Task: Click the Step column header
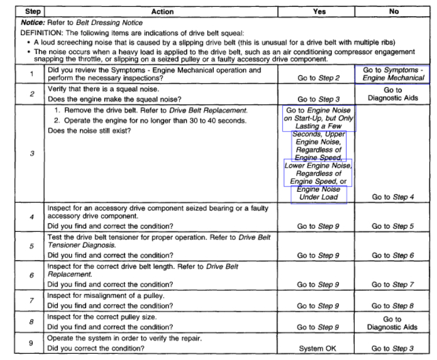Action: pos(32,11)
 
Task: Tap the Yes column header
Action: pos(318,11)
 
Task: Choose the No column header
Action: pos(393,11)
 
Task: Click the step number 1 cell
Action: pos(31,74)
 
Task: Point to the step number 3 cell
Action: pos(31,153)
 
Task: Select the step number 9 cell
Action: pos(31,344)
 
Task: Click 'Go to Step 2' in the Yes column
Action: pos(318,79)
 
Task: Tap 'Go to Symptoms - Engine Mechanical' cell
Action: pos(393,74)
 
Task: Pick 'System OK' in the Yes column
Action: pos(318,349)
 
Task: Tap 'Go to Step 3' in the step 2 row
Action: pos(318,99)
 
